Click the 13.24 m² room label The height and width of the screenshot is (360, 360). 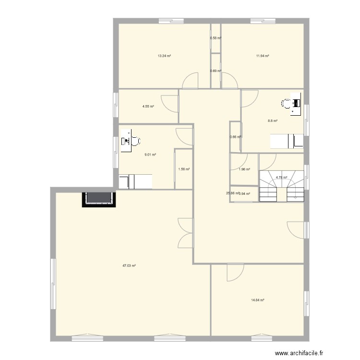[165, 56]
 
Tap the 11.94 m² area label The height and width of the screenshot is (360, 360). [263, 56]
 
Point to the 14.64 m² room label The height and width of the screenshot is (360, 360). [258, 300]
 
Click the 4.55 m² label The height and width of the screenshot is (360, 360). [148, 106]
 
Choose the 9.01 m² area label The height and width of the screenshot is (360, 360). [151, 155]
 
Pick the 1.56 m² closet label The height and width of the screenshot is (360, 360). [184, 169]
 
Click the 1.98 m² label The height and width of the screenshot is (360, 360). [244, 169]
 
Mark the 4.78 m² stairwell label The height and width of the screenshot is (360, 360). [281, 178]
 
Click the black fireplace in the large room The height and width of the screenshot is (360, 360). [100, 199]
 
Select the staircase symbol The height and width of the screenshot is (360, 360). [282, 186]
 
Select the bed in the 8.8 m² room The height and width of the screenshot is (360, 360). [287, 141]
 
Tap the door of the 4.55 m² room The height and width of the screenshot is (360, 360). [169, 102]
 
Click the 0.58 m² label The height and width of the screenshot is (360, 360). [216, 38]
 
